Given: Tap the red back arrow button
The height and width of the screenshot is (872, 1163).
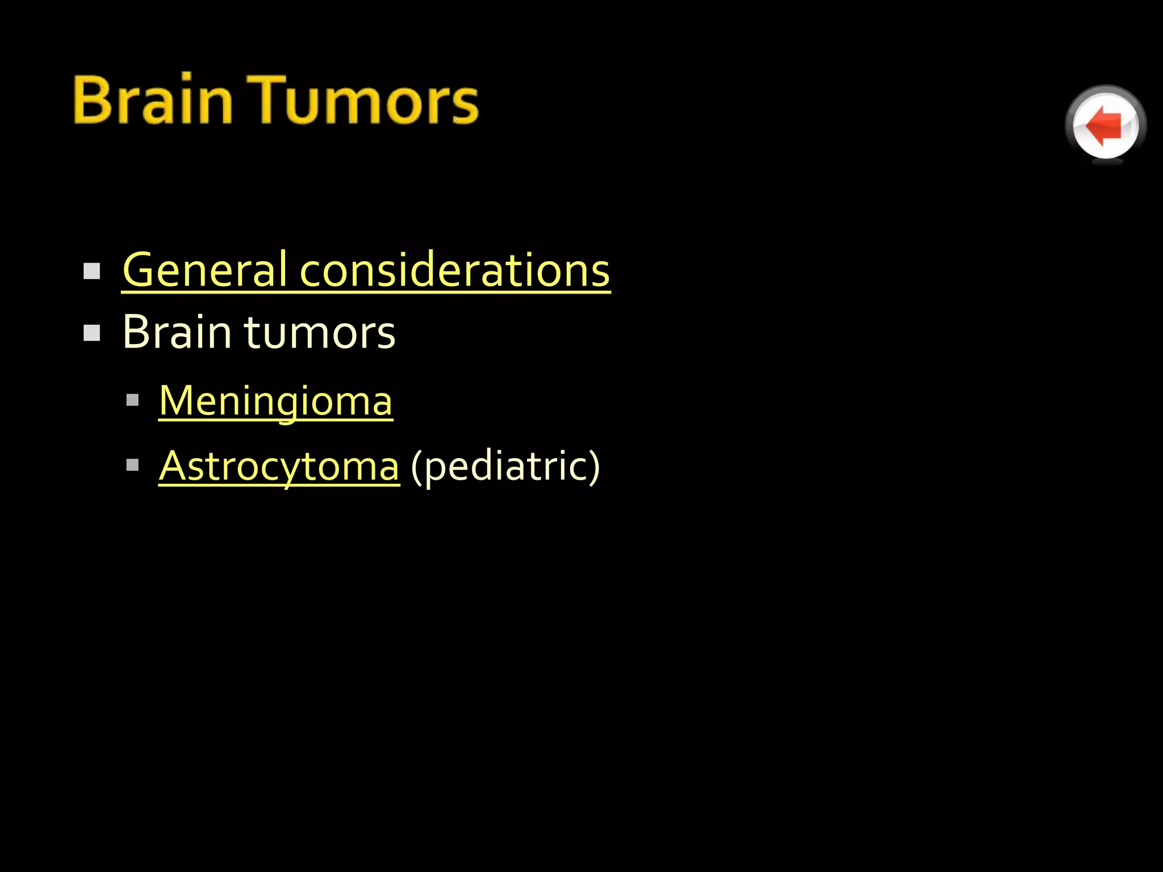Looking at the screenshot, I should tap(1105, 125).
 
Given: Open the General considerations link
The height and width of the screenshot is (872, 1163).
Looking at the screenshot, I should tap(366, 270).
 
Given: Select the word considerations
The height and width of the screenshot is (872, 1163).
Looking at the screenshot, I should tap(454, 270).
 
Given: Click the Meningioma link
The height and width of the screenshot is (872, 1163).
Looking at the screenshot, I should tap(275, 401).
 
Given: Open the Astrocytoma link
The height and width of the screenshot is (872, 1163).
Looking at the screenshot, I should tap(279, 466).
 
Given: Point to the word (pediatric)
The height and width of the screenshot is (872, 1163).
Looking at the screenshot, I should tap(505, 466).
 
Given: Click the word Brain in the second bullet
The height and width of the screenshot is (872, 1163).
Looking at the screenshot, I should tap(177, 332).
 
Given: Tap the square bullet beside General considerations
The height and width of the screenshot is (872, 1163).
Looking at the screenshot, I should tap(91, 271).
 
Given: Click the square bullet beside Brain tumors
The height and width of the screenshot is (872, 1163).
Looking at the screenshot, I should tap(91, 333).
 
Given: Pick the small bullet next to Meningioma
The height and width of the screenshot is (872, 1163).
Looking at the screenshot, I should tap(133, 400).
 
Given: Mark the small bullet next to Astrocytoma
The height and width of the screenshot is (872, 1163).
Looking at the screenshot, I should tap(133, 466).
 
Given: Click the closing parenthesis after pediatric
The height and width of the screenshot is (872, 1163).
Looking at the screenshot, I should tap(593, 467).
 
